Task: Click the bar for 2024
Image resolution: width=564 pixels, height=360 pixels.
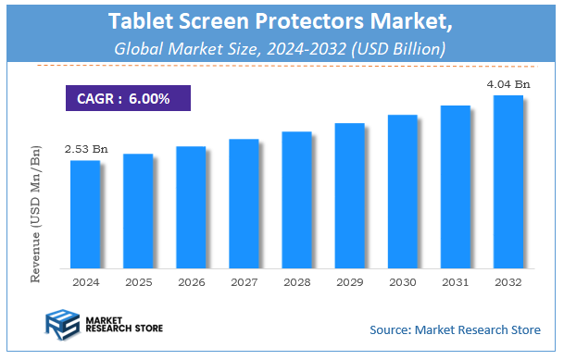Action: coord(85,214)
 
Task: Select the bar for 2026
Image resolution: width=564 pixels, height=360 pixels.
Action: coord(191,206)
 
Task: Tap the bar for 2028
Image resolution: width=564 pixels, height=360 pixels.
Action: coord(296,199)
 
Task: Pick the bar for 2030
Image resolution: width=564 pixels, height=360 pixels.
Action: coord(402,191)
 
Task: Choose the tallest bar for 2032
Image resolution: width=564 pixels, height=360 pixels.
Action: coord(508,181)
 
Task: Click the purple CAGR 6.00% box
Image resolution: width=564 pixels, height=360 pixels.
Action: coord(128,98)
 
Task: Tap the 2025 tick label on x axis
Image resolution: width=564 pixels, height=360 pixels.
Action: coord(138,280)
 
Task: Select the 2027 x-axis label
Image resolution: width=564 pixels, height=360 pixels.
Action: coord(244,280)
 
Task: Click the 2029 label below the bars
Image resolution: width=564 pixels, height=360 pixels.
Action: coord(349,280)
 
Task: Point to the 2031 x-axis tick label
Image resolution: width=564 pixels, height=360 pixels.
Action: coord(455,280)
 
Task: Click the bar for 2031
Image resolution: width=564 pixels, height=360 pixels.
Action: coord(455,186)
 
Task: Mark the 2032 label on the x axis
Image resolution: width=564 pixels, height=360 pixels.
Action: coord(508,280)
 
